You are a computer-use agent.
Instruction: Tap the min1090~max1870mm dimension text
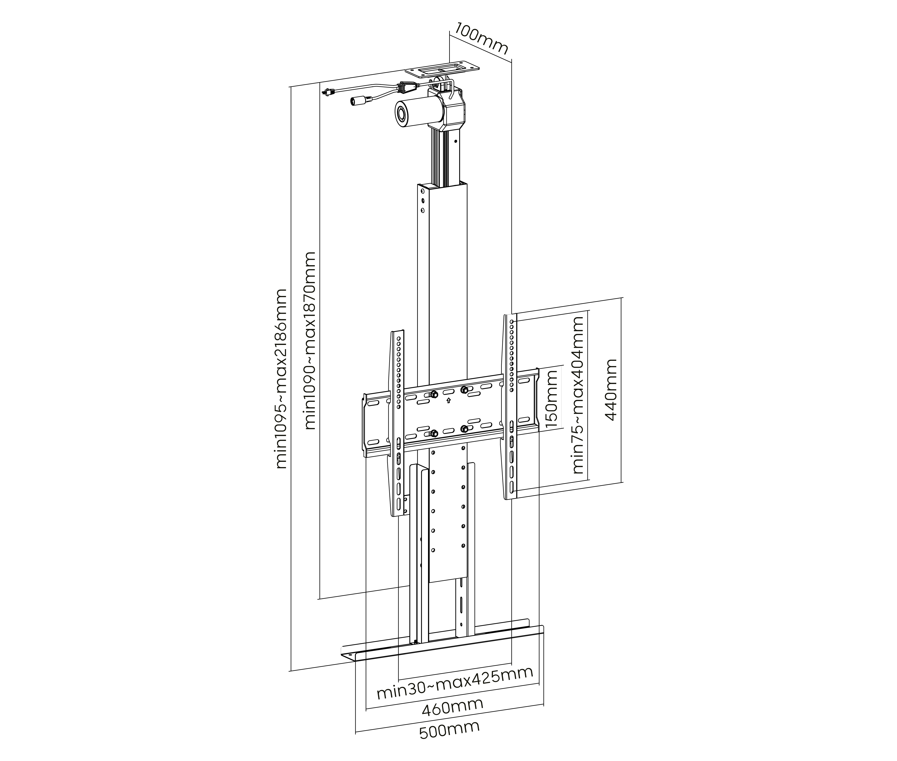311,341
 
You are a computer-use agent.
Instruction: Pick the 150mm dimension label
552,399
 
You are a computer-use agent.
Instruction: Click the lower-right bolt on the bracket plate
464,429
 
